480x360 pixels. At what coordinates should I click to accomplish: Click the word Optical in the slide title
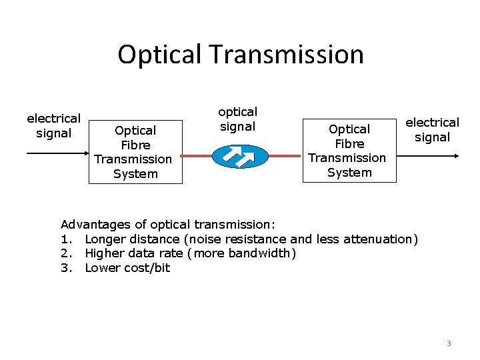(x=159, y=55)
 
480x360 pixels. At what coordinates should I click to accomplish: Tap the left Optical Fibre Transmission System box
(x=136, y=152)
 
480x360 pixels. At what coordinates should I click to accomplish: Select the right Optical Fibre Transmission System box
(x=349, y=151)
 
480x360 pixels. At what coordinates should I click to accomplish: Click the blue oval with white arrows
(x=239, y=156)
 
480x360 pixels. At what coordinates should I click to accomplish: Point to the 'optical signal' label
(x=238, y=119)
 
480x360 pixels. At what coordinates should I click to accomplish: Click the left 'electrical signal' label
(x=53, y=125)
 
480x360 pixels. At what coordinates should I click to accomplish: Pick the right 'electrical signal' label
(x=433, y=129)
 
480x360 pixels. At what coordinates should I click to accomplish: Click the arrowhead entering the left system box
(x=85, y=153)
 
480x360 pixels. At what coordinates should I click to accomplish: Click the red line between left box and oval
(x=197, y=156)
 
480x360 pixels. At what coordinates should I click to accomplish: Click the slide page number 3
(x=449, y=343)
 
